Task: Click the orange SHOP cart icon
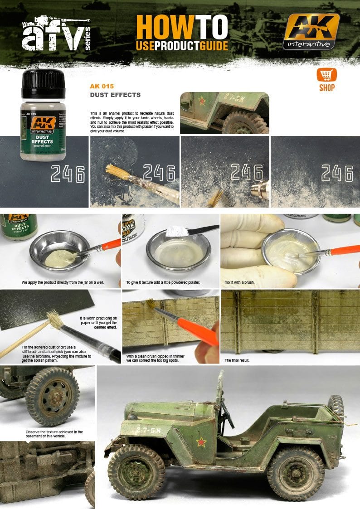click(326, 75)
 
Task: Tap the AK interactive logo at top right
click(311, 31)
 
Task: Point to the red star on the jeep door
click(200, 441)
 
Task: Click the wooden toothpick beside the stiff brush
click(18, 344)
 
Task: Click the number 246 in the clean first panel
click(68, 174)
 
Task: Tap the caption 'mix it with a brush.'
click(240, 282)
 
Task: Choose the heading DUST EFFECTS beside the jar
click(115, 95)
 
